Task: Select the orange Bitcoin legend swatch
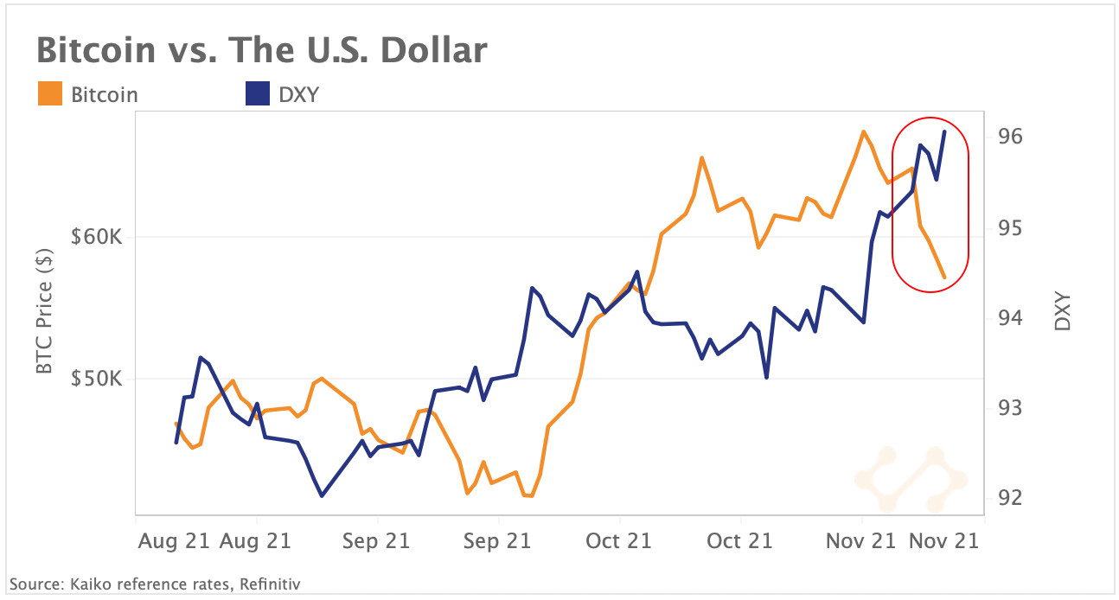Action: click(x=50, y=93)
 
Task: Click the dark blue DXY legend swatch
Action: click(x=258, y=93)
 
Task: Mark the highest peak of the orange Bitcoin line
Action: click(x=863, y=131)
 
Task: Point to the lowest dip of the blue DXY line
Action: click(x=322, y=495)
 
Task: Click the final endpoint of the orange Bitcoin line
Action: click(x=944, y=278)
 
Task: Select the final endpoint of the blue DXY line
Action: click(x=944, y=131)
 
